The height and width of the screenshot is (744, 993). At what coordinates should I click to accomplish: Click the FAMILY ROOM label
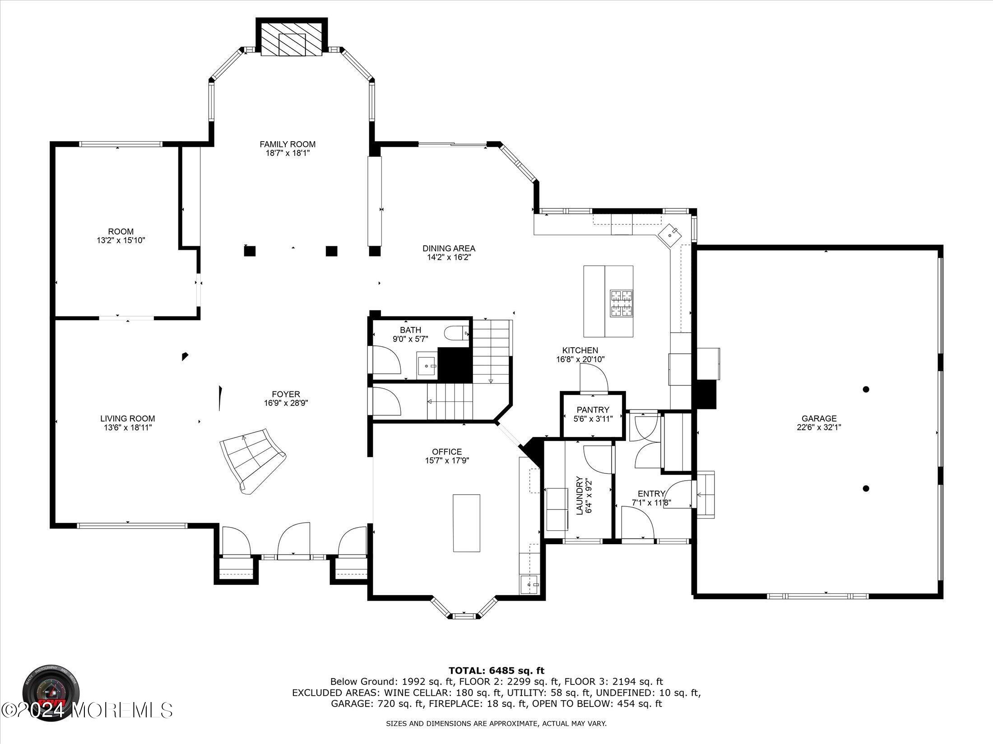click(x=287, y=144)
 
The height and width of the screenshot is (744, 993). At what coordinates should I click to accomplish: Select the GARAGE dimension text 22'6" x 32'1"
click(x=819, y=427)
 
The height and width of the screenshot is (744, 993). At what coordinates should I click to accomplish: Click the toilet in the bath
click(x=457, y=334)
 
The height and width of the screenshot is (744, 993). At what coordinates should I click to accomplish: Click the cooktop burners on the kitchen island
click(x=622, y=303)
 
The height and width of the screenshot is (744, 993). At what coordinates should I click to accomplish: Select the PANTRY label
click(x=593, y=409)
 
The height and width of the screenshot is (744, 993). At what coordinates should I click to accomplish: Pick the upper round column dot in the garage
click(x=866, y=389)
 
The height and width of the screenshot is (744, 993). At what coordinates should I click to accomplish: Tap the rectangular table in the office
click(x=466, y=523)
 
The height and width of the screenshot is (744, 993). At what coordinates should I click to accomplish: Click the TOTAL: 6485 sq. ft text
click(x=496, y=671)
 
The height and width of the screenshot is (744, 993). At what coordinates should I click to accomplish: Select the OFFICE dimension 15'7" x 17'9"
click(x=447, y=460)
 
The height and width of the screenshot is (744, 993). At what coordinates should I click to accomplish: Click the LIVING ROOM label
click(x=128, y=418)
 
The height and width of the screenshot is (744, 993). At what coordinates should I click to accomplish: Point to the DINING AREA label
click(x=449, y=248)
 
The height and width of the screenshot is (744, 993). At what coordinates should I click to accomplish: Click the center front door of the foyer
click(x=294, y=541)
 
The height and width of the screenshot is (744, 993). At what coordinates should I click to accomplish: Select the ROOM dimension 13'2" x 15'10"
click(x=121, y=241)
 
